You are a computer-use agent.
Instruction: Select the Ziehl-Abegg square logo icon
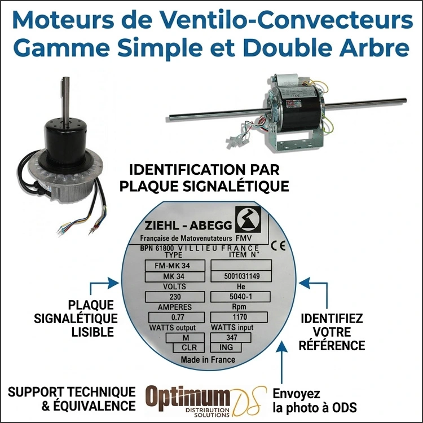(x=248, y=220)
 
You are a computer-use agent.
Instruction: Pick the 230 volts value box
(x=168, y=297)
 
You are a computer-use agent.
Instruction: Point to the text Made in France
(x=208, y=359)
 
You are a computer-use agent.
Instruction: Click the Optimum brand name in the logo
(x=188, y=396)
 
